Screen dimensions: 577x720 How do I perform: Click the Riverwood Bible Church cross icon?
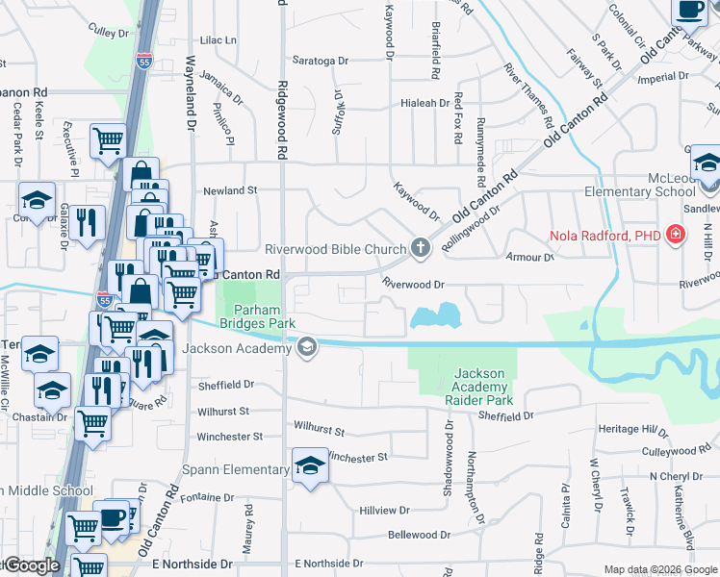pyautogui.click(x=420, y=249)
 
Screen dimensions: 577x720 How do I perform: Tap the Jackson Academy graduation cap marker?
pyautogui.click(x=307, y=347)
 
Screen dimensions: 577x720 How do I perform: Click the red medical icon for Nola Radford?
pyautogui.click(x=676, y=235)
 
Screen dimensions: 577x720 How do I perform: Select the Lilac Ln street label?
pyautogui.click(x=218, y=40)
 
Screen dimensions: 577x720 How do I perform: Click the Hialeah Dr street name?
pyautogui.click(x=425, y=102)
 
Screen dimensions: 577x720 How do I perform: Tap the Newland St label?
pyautogui.click(x=230, y=190)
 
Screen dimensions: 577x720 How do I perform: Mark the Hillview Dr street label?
pyautogui.click(x=384, y=511)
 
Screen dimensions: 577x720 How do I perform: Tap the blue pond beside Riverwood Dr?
pyautogui.click(x=435, y=315)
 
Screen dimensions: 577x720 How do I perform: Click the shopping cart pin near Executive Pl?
pyautogui.click(x=108, y=140)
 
